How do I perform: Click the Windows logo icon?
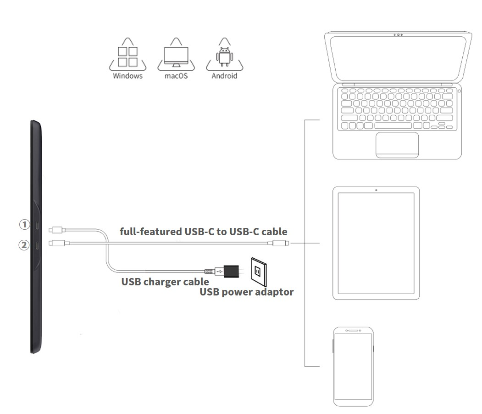[x=127, y=56]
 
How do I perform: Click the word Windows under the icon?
[x=127, y=76]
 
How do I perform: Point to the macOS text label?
[x=177, y=76]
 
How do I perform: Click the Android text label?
[x=224, y=76]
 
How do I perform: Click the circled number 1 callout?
[x=24, y=224]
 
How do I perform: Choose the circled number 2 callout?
[x=24, y=245]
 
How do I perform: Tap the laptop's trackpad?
[x=397, y=144]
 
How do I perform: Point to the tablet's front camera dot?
[x=376, y=190]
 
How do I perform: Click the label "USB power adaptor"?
[x=246, y=292]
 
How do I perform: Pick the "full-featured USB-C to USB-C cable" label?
[x=203, y=231]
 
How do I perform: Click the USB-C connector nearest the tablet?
[x=279, y=243]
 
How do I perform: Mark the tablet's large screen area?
[x=376, y=244]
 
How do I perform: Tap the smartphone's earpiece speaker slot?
[x=353, y=330]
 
